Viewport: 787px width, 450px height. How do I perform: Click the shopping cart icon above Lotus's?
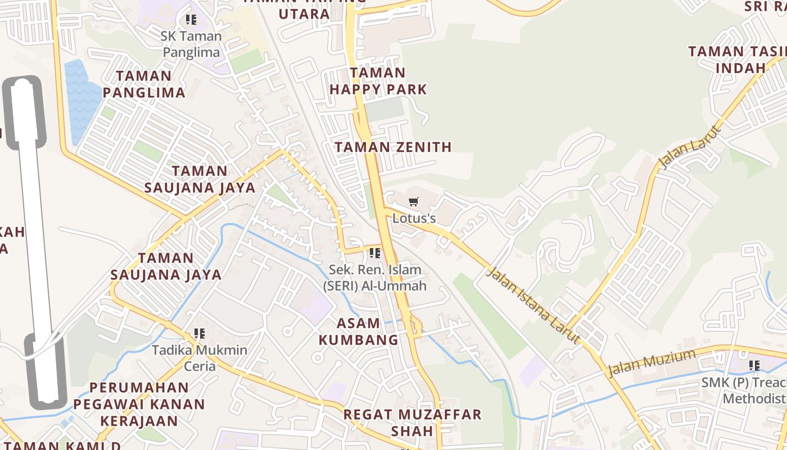pos(414,201)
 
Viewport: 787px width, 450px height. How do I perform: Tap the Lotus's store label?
pos(414,218)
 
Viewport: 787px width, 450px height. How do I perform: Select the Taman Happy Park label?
pos(378,81)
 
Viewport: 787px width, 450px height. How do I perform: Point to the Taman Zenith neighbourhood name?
pos(393,147)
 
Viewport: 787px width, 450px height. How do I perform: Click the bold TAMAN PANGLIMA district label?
pos(144,84)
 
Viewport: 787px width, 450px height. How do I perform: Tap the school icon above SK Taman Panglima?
pos(191,20)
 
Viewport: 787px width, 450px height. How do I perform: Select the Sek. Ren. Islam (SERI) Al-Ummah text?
pos(374,278)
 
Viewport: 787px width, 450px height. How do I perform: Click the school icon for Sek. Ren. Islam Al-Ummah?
pos(375,253)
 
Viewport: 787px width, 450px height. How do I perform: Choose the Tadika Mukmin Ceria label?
pos(200,358)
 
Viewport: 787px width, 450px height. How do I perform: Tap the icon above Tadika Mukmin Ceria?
pos(199,334)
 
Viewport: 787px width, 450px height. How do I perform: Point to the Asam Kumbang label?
pos(358,331)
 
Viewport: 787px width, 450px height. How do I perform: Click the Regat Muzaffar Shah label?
pos(413,422)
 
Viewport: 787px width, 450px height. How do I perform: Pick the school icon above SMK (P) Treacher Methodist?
pos(754,366)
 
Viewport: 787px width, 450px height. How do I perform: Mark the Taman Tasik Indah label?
pos(736,60)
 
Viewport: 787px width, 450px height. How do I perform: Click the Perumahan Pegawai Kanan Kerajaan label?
pos(139,404)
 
